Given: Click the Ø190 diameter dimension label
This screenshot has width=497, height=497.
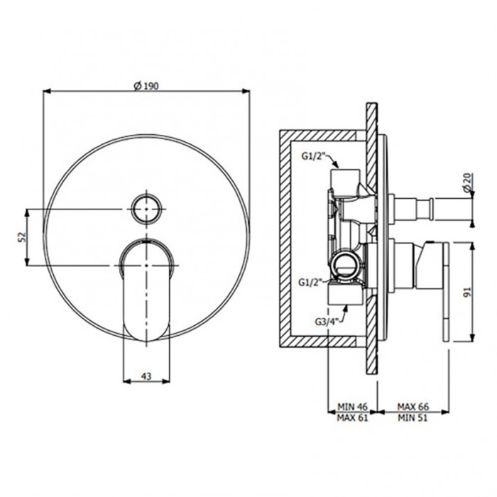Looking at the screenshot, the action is pyautogui.click(x=146, y=86).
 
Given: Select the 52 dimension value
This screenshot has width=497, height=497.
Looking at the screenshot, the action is pyautogui.click(x=21, y=237).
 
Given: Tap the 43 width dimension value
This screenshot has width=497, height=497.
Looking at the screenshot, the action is pyautogui.click(x=146, y=376).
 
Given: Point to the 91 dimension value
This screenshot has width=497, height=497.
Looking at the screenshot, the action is pyautogui.click(x=467, y=292).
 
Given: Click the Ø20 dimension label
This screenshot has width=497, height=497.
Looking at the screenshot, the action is pyautogui.click(x=467, y=183).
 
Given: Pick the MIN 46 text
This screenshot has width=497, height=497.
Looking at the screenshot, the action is pyautogui.click(x=352, y=406).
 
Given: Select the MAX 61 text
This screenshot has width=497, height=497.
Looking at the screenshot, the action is pyautogui.click(x=352, y=417).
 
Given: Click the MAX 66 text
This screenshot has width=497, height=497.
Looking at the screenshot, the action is pyautogui.click(x=413, y=406).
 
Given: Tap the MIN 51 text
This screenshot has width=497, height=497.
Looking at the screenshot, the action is pyautogui.click(x=413, y=417).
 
